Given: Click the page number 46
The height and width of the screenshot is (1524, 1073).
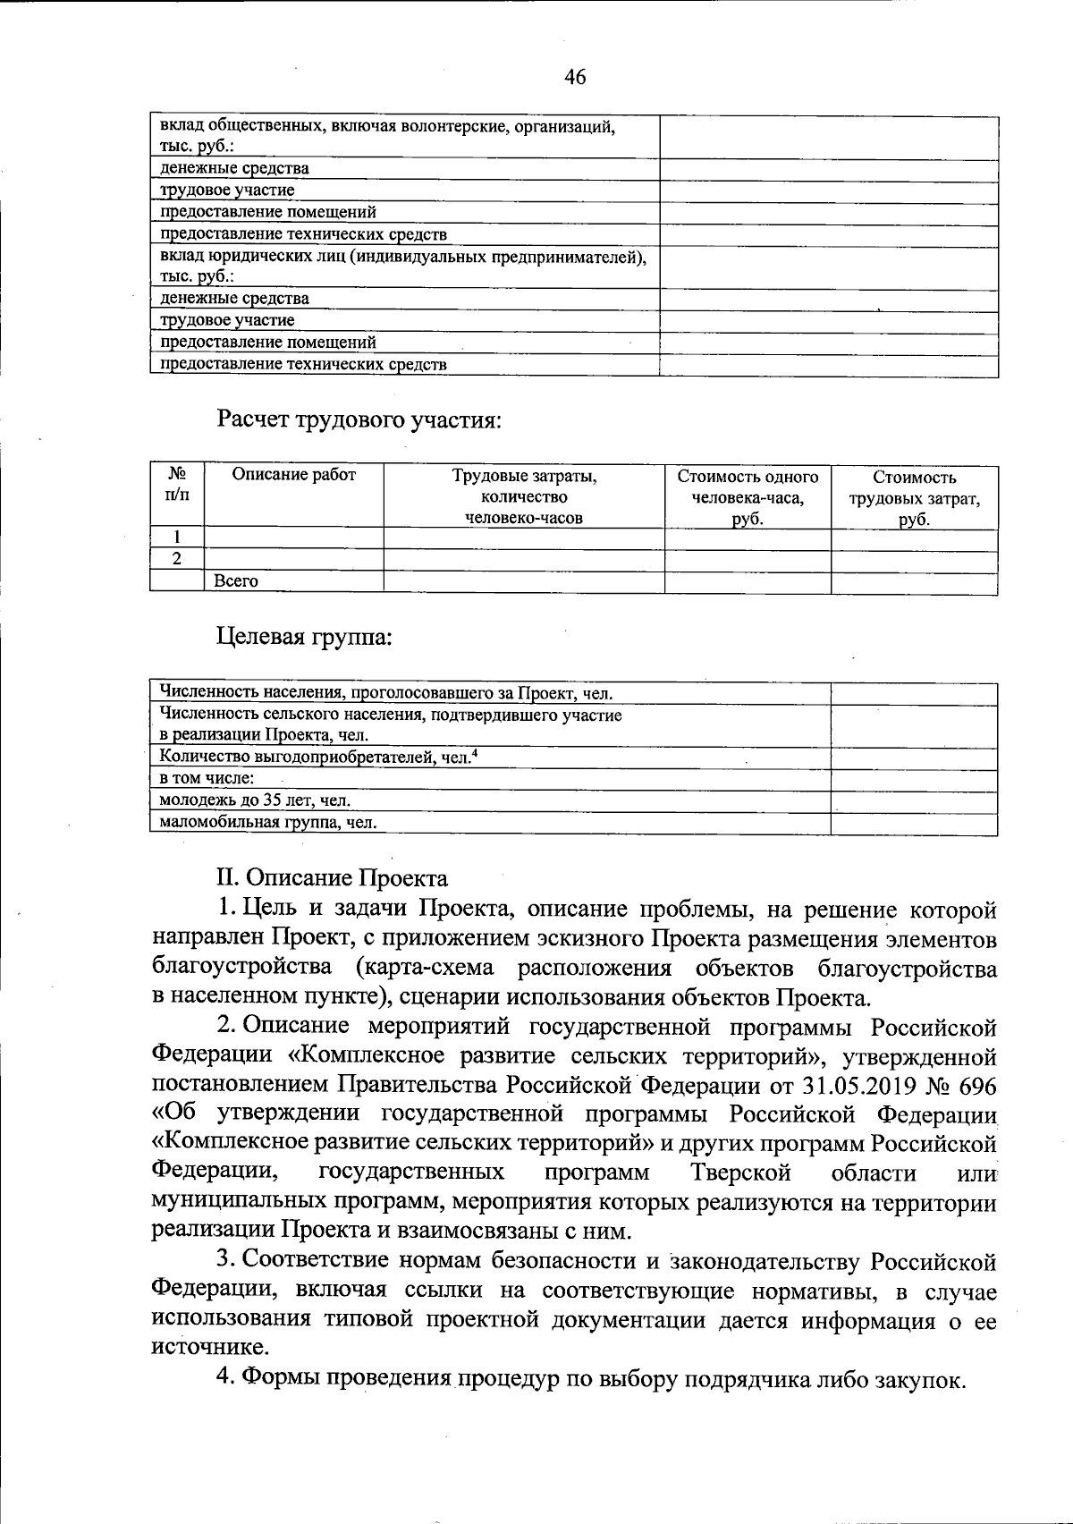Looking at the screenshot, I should click(575, 78).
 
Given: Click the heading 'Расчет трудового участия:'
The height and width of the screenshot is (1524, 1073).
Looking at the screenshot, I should click(358, 419).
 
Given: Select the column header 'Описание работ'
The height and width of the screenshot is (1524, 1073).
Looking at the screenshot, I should click(294, 476).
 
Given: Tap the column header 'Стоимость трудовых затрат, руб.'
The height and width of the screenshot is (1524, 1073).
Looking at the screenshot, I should click(914, 498).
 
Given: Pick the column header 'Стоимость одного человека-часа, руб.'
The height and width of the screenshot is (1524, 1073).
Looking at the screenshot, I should click(748, 498).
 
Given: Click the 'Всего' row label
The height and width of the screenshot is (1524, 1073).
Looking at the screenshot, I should click(236, 581).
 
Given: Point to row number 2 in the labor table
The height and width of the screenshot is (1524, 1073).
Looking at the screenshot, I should click(177, 559).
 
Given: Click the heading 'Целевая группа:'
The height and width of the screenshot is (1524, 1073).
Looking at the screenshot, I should click(305, 638).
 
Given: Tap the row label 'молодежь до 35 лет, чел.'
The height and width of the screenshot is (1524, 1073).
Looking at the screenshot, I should click(254, 800).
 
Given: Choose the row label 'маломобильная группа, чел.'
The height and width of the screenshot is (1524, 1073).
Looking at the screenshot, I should click(267, 823).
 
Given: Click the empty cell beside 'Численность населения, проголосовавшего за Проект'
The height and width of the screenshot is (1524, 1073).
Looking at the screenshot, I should click(914, 693).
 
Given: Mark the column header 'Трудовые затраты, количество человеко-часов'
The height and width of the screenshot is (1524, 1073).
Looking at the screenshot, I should click(524, 497).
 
